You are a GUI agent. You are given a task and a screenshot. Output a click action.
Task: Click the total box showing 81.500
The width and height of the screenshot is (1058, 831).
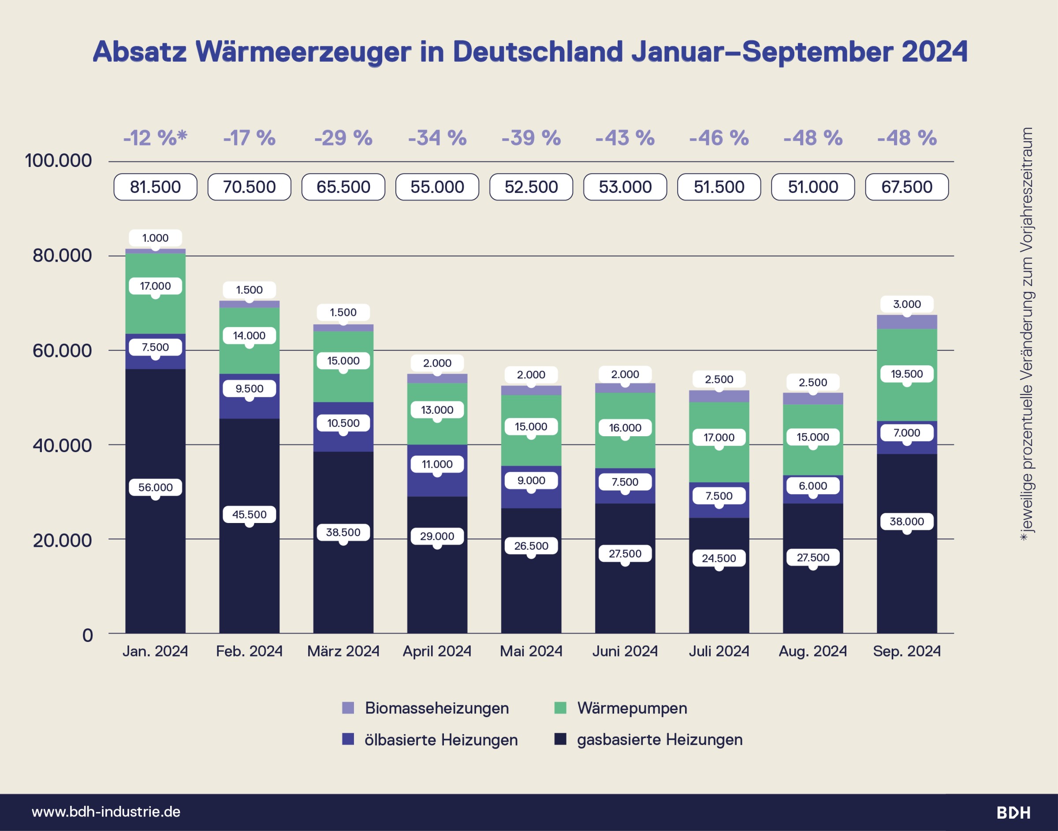pos(155,187)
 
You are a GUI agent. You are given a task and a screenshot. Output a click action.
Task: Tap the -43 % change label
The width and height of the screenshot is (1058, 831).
pos(625,138)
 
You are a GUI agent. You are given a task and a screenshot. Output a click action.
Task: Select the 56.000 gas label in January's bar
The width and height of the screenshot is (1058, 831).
pos(155,487)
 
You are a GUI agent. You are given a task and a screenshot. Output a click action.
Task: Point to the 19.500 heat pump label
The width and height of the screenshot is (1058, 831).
pos(907,374)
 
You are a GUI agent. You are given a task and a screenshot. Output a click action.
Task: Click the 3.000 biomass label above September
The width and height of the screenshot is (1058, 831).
pos(907,304)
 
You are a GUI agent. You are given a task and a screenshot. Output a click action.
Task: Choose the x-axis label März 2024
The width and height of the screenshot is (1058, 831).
pos(343,651)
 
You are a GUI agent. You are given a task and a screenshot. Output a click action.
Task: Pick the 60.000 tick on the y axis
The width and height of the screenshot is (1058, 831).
pos(62,350)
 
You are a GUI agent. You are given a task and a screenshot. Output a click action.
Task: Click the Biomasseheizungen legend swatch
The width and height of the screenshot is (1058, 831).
pos(348,708)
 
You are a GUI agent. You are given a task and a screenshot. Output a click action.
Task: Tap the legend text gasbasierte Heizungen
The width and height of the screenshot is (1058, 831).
pos(659,739)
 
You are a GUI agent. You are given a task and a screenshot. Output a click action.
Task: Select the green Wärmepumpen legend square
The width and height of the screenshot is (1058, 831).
pos(560,708)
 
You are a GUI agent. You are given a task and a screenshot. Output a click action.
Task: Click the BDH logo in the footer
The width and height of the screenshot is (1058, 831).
pos(1013,812)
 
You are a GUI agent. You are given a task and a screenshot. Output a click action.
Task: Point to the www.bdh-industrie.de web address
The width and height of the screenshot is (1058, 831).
pos(106,812)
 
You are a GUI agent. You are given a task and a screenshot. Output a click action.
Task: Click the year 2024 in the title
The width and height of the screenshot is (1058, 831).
pos(935,52)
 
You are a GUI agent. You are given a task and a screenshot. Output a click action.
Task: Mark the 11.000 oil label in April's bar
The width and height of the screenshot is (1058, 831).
pos(437,464)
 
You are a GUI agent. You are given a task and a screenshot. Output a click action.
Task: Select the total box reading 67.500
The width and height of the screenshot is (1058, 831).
pos(907,187)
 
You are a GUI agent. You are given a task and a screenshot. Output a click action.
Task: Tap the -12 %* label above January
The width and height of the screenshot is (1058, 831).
pos(155,138)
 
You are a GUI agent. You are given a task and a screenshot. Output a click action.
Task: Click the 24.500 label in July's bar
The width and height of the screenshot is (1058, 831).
pos(719,558)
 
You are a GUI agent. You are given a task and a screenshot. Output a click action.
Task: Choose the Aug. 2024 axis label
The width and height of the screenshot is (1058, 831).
pos(813,651)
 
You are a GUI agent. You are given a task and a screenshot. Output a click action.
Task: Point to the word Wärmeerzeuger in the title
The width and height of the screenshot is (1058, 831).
pos(303,52)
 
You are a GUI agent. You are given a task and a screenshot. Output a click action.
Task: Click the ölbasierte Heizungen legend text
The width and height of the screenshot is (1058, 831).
pos(441,739)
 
